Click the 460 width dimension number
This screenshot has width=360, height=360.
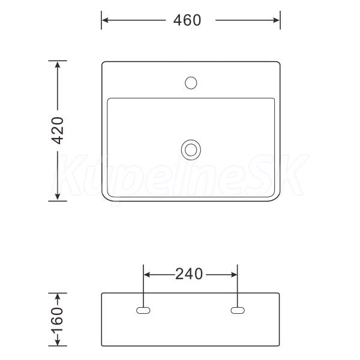click(x=187, y=20)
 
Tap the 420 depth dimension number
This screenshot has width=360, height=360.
click(x=58, y=130)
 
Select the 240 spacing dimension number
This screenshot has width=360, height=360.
click(x=189, y=274)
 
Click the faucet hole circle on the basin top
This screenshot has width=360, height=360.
click(x=191, y=83)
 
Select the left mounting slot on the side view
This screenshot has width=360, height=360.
click(x=143, y=310)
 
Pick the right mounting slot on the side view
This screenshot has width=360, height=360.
click(x=238, y=310)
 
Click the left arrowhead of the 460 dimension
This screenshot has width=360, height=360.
click(x=105, y=20)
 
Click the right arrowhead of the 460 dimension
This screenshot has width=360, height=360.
click(x=277, y=20)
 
